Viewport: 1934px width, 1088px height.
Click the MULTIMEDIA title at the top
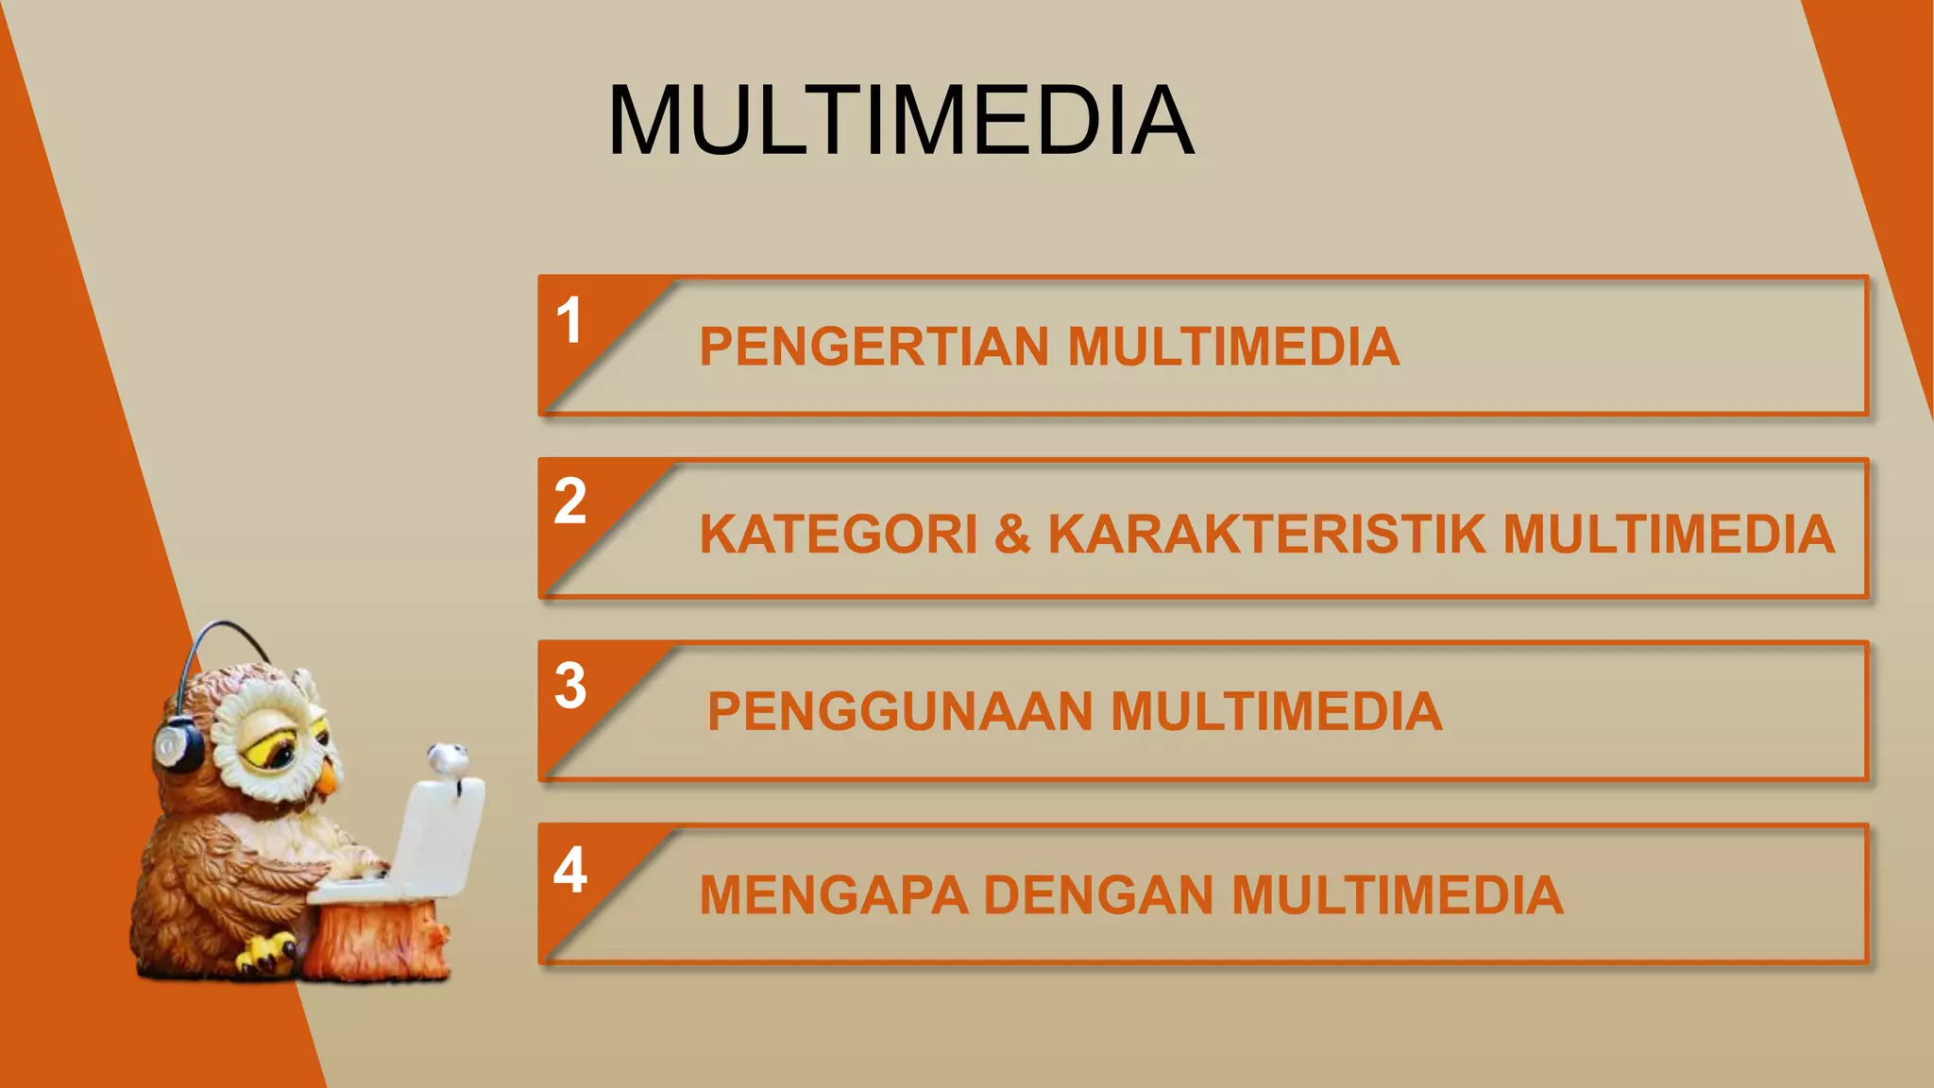pos(901,121)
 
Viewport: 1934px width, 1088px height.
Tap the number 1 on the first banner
pos(568,321)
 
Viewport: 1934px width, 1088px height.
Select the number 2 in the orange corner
pos(569,501)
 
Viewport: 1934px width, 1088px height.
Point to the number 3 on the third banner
pos(570,686)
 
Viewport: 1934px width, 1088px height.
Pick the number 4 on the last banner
pos(570,870)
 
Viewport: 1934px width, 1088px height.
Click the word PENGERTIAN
pos(874,347)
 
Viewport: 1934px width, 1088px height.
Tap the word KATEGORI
pos(839,535)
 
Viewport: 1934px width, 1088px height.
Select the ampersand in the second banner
pos(1012,535)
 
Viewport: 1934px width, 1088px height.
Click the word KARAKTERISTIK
pos(1266,535)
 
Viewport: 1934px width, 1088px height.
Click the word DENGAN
pos(1098,895)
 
